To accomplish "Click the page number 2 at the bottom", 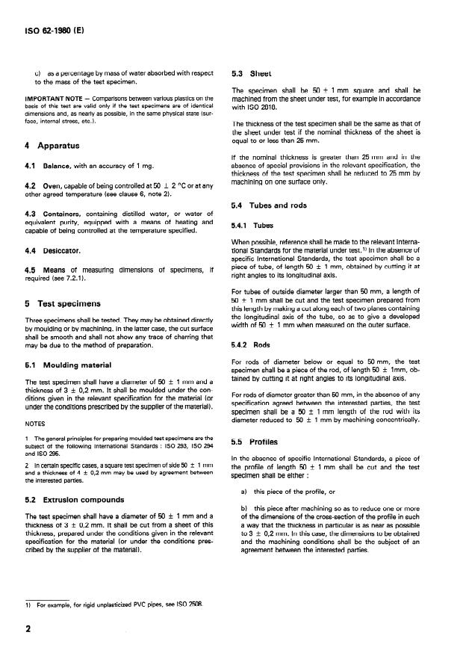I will pyautogui.click(x=28, y=629).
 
